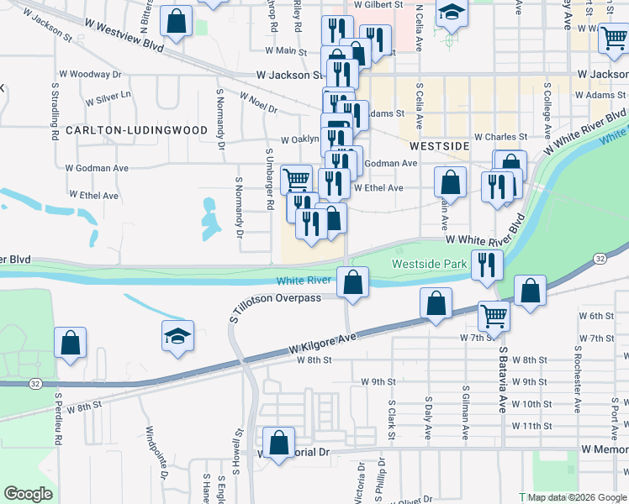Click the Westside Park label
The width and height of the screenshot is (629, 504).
click(x=430, y=264)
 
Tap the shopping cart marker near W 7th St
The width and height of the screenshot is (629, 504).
click(x=494, y=316)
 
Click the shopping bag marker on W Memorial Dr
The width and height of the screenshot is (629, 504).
click(x=278, y=442)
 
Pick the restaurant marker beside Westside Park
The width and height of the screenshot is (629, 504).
click(x=487, y=265)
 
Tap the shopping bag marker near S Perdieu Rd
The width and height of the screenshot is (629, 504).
click(x=70, y=343)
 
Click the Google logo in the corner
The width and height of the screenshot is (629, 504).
click(x=29, y=494)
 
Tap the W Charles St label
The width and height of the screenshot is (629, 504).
click(x=500, y=136)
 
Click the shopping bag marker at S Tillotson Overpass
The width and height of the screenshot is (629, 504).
click(x=353, y=282)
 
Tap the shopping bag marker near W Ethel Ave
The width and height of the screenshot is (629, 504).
click(x=451, y=182)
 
